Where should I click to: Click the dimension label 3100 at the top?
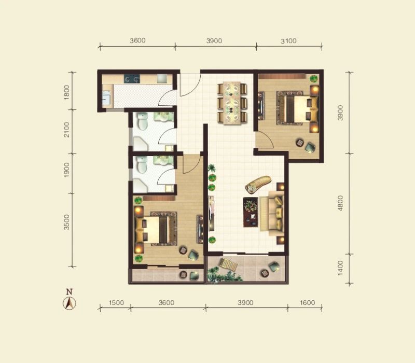pos(288,41)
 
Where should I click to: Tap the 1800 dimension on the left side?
pos(67,92)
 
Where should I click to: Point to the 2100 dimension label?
pos(67,129)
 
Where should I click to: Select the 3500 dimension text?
pos(67,222)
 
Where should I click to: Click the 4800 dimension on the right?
pos(340,203)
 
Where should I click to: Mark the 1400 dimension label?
pos(340,268)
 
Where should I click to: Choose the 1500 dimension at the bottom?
pos(116,302)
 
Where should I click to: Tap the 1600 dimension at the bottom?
pos(307,302)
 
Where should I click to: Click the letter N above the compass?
pos(69,292)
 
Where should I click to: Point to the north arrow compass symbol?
pos(70,303)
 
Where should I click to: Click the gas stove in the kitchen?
pos(132,78)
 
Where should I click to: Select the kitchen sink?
pos(107,98)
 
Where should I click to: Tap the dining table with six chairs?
pos(232,103)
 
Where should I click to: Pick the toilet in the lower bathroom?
pos(142,165)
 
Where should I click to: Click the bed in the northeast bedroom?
pos(297,109)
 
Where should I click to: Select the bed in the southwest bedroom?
pos(156,229)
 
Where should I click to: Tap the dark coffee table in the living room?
pos(251,212)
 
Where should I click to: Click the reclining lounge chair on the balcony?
pos(228,264)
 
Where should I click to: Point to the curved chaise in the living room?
pos(258,185)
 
